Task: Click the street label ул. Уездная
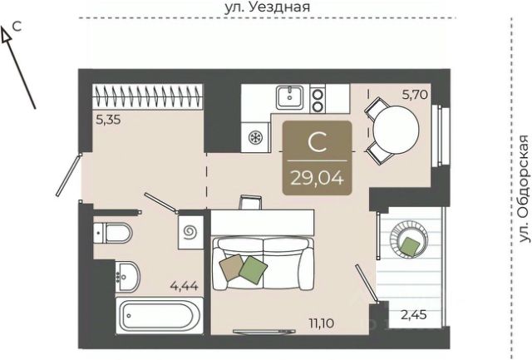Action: click(x=268, y=7)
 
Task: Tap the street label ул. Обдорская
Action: click(x=525, y=189)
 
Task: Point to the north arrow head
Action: click(x=5, y=35)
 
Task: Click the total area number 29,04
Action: click(x=317, y=178)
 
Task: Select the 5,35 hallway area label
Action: click(x=108, y=120)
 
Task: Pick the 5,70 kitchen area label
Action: click(x=415, y=95)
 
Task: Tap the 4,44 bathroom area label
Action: click(x=185, y=286)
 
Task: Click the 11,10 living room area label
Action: click(x=322, y=323)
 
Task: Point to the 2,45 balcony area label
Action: click(x=414, y=315)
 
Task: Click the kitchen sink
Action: click(x=290, y=97)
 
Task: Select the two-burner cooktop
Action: click(x=318, y=100)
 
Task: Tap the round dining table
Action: click(x=397, y=129)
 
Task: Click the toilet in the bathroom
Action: click(x=112, y=233)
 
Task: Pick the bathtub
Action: click(x=160, y=316)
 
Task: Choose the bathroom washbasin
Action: click(x=127, y=277)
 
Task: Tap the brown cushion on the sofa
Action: click(x=232, y=268)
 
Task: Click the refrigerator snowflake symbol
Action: click(x=254, y=137)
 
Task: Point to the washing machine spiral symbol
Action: click(x=190, y=233)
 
